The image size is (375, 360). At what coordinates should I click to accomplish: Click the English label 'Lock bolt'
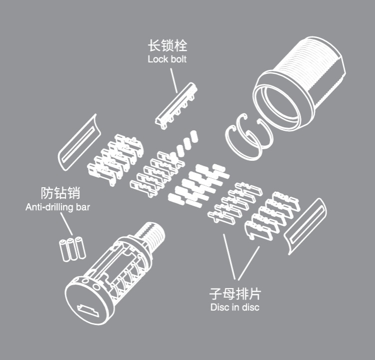(167, 59)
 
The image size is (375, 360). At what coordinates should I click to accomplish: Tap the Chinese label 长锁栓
(167, 45)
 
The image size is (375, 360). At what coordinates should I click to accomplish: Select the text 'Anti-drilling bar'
(57, 207)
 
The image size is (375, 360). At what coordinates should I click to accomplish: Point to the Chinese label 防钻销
(60, 193)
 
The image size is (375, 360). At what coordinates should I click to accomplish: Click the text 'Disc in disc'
(235, 307)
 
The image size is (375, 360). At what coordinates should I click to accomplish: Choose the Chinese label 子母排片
(235, 294)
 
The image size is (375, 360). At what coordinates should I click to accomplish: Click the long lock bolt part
(176, 106)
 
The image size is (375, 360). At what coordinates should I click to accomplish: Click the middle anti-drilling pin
(72, 249)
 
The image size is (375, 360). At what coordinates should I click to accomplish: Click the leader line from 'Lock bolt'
(174, 80)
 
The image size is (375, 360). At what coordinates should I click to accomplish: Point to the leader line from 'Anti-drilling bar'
(66, 224)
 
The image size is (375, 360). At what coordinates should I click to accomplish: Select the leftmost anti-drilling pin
(64, 251)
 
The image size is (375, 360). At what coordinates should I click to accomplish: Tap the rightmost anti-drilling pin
(80, 248)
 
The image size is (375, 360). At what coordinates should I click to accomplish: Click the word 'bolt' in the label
(179, 59)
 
